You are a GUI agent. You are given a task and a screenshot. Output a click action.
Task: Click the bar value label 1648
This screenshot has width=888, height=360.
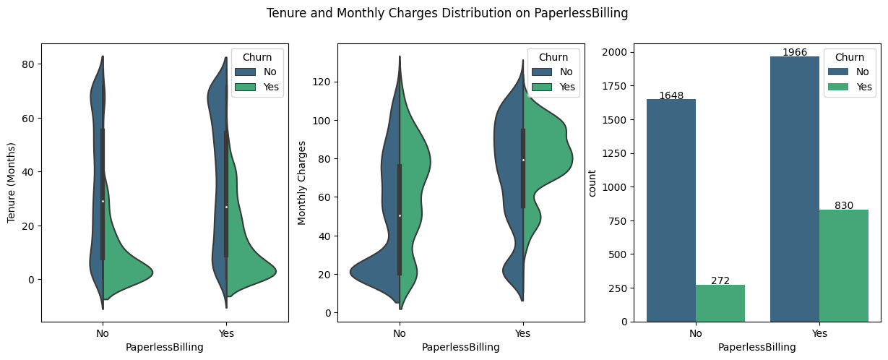[671, 95]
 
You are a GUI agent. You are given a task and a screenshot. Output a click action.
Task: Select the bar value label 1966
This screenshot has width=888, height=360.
[795, 53]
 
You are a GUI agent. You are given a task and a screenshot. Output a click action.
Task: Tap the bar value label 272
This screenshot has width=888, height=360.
[720, 280]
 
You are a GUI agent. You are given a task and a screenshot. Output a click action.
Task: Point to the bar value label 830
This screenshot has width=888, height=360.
[844, 205]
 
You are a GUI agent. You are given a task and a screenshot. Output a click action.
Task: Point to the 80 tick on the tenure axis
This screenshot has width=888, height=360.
[28, 64]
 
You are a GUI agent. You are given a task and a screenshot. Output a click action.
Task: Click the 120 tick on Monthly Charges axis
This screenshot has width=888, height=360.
[319, 82]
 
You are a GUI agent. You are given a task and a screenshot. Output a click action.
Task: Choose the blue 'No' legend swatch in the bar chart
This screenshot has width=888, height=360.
[836, 72]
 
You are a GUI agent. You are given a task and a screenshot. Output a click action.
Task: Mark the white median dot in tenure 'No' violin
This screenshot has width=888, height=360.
[103, 201]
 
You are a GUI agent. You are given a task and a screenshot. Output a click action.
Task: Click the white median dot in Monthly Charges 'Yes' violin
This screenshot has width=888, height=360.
[523, 160]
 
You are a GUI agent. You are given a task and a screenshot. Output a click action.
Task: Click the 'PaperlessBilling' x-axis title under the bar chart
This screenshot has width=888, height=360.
[757, 347]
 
